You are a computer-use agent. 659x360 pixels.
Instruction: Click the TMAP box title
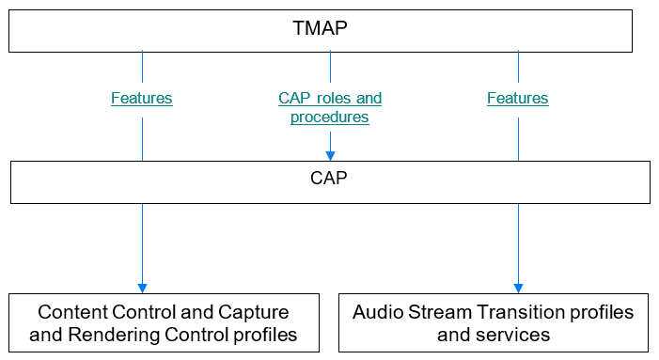tap(320, 27)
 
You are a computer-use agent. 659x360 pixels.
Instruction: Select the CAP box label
tap(329, 177)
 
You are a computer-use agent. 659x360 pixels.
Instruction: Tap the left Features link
tap(142, 98)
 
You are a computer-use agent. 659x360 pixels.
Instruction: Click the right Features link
tap(518, 98)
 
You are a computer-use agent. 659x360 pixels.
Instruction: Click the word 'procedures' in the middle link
tap(330, 117)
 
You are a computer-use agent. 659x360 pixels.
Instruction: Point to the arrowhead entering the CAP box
tap(330, 155)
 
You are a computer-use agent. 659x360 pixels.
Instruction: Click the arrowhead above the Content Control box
tap(142, 287)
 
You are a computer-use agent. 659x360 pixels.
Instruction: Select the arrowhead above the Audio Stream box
tap(518, 287)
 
